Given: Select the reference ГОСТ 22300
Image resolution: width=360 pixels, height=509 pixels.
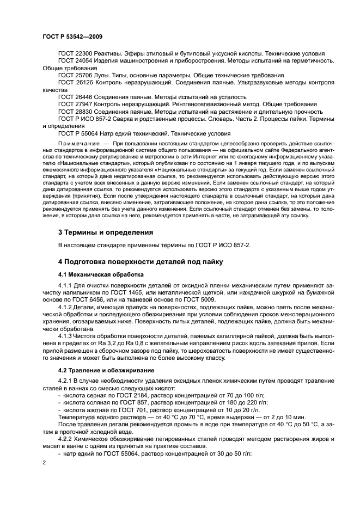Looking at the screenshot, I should tap(75, 53).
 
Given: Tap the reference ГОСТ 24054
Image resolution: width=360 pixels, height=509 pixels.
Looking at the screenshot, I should tap(75, 60).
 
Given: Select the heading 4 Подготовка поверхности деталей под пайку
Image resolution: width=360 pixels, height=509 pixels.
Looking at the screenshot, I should tap(141, 262).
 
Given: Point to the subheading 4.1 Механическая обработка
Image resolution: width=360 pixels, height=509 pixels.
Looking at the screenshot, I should tap(101, 274).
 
